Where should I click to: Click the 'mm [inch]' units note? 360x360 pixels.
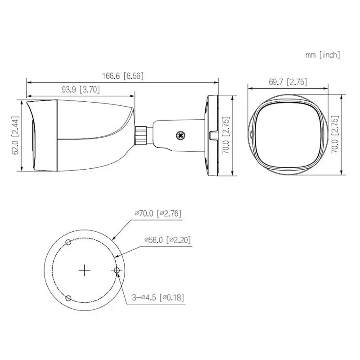(x=322, y=55)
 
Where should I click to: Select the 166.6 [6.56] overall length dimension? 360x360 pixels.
(x=122, y=76)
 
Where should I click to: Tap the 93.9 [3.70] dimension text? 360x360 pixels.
(x=81, y=90)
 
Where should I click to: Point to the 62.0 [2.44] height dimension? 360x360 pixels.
(x=15, y=135)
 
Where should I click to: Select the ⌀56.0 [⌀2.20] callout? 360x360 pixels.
(x=167, y=240)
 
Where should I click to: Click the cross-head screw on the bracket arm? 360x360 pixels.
(x=181, y=134)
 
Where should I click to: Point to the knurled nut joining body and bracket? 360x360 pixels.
(x=142, y=134)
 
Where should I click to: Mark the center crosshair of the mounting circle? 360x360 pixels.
(x=85, y=270)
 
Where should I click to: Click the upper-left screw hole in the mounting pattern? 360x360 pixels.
(x=68, y=243)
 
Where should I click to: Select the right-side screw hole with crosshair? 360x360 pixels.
(x=117, y=270)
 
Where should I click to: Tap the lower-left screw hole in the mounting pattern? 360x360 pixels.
(x=68, y=298)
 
